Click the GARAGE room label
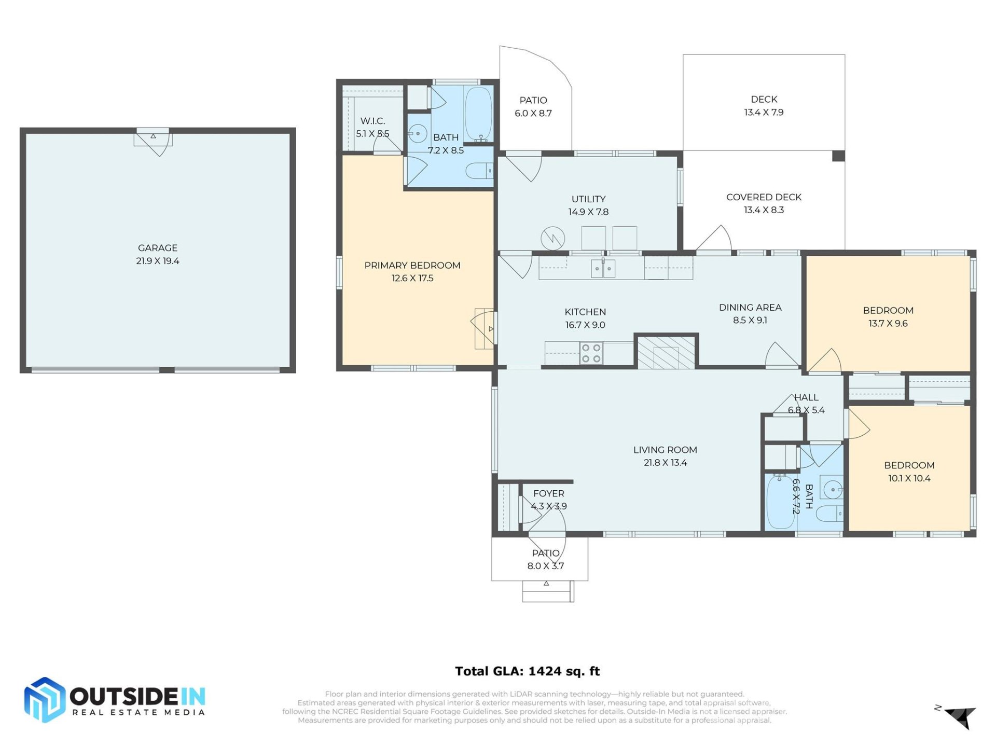point(157,248)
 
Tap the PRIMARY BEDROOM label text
point(412,265)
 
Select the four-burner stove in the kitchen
point(591,353)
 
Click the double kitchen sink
point(603,269)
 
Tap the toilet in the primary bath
point(479,170)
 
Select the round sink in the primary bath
point(418,133)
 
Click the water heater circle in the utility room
point(552,239)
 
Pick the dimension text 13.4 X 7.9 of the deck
point(764,112)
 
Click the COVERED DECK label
point(764,197)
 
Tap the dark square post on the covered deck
point(838,156)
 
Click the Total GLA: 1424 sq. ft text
point(527,671)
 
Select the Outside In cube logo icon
point(45,700)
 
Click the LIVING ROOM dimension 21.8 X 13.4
point(665,463)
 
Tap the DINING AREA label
point(750,307)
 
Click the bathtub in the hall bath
point(780,502)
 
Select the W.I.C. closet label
point(372,121)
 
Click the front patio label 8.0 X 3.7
point(545,566)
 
